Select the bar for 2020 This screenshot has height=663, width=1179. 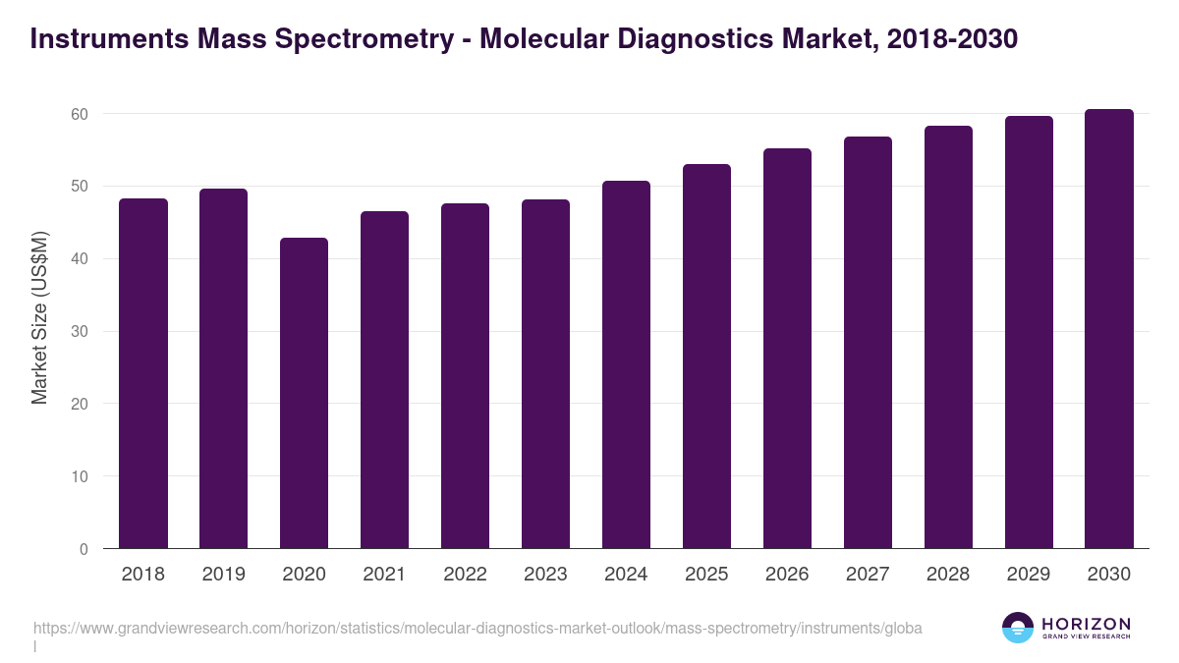point(304,393)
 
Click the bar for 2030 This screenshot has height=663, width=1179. point(1109,329)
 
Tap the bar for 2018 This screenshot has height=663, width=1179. point(143,373)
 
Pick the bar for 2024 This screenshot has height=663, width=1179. point(626,364)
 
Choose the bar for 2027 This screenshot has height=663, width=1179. point(868,343)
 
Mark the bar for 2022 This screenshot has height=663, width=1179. point(465,376)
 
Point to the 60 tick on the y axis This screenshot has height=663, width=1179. point(79,114)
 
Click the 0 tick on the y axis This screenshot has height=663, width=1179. point(84,549)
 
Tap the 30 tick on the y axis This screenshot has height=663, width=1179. point(79,332)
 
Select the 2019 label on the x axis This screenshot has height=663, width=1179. point(224,575)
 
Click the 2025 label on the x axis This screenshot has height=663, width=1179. point(706,575)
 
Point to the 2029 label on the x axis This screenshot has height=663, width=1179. point(1029,575)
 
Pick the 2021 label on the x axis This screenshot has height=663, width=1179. point(384,575)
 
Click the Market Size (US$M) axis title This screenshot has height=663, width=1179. point(39,317)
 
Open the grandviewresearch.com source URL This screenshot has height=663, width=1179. point(477,628)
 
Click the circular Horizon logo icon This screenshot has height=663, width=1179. point(1018,628)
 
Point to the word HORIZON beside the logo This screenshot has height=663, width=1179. point(1086,624)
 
